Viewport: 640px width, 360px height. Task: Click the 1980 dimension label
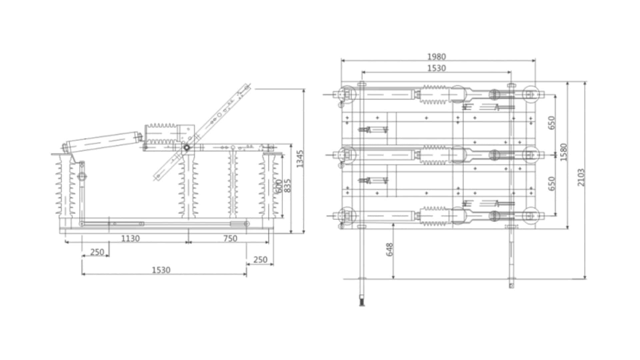click(436, 57)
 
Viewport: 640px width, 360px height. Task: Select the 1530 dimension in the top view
click(436, 68)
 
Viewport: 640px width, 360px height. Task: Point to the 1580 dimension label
click(564, 152)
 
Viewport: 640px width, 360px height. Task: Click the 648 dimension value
click(390, 249)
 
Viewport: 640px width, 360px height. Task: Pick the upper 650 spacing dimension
click(552, 123)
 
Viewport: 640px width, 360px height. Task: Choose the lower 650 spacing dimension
click(552, 183)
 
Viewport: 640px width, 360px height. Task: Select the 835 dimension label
click(288, 186)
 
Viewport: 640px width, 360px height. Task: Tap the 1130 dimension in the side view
click(130, 238)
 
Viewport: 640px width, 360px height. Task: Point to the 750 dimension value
click(230, 238)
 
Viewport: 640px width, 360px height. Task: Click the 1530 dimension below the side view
click(161, 270)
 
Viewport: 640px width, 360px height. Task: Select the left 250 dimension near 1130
click(97, 252)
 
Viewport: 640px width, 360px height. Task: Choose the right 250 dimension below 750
click(260, 259)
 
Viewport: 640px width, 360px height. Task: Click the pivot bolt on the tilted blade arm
click(187, 147)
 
